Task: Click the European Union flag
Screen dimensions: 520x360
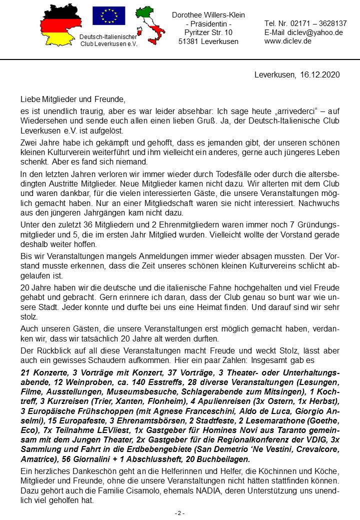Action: [108, 16]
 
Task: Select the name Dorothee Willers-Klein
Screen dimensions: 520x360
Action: [208, 15]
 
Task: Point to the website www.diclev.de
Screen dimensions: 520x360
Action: [288, 41]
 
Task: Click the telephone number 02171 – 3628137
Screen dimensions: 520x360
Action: [319, 23]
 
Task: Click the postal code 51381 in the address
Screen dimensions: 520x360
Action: [188, 41]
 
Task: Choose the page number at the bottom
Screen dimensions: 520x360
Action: [179, 513]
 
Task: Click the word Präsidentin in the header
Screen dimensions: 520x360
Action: [208, 24]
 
